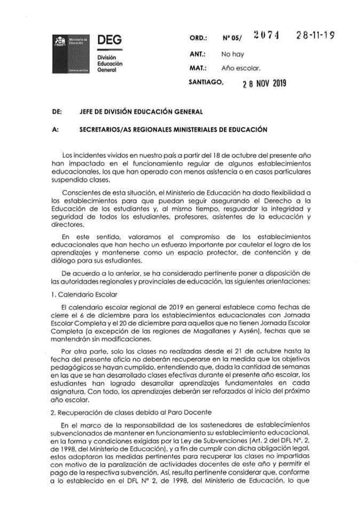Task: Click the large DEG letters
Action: [x=109, y=40]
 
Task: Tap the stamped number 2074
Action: [x=266, y=38]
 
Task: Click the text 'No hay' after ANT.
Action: [x=232, y=54]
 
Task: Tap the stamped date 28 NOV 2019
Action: [x=264, y=84]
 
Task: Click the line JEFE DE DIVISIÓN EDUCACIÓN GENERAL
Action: [x=141, y=112]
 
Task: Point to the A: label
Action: [x=56, y=129]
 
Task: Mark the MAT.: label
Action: [x=198, y=68]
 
